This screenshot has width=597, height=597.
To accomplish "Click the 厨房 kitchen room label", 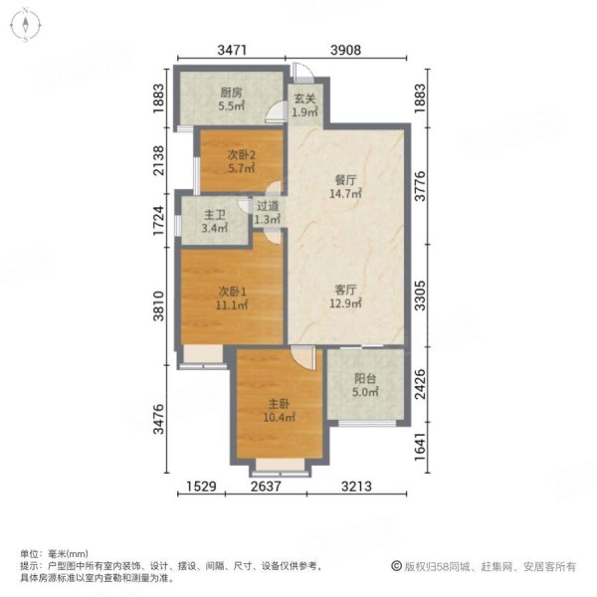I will tap(231, 98).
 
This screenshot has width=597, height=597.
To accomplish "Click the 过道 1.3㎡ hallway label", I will tap(268, 213).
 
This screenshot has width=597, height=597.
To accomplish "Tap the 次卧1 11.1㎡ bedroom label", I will tap(232, 298).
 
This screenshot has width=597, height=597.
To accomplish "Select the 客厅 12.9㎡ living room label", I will tap(345, 296).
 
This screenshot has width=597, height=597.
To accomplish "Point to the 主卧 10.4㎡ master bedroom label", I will tap(278, 411).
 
